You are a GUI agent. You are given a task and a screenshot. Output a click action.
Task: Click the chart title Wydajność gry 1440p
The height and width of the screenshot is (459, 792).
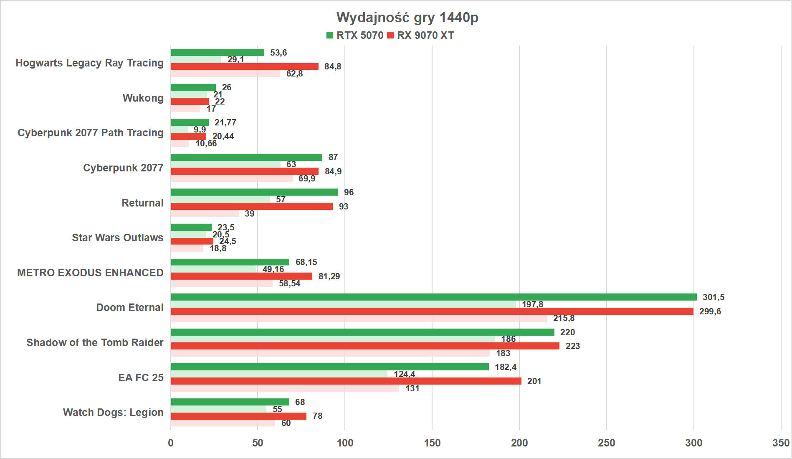point(407,18)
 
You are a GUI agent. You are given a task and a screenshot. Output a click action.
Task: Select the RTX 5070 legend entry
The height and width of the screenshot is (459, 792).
point(355,36)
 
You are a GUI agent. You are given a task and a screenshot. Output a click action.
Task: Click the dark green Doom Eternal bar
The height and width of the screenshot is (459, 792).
point(433,297)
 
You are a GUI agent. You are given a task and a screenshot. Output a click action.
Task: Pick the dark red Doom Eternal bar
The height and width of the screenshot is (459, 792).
point(432,311)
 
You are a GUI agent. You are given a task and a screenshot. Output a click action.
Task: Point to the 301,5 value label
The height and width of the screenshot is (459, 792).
point(714,297)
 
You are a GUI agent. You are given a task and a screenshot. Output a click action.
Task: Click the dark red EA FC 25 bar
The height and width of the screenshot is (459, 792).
point(346,381)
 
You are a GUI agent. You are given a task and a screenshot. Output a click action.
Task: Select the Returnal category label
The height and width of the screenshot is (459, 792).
point(142,203)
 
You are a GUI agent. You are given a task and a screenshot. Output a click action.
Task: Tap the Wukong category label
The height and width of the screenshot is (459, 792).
point(143,98)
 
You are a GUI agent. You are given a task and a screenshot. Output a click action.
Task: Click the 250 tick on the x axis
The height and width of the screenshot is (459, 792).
point(606,443)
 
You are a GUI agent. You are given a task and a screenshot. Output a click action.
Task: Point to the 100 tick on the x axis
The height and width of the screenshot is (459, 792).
point(345,443)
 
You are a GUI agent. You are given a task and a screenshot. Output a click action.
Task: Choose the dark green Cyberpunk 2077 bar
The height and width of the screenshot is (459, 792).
point(246,158)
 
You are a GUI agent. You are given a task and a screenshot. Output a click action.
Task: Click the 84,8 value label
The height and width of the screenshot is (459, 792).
point(333,66)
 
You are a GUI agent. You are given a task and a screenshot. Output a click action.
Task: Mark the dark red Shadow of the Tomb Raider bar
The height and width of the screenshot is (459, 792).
point(365,346)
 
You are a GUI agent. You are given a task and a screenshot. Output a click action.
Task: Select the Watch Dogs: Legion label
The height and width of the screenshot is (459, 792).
point(113,413)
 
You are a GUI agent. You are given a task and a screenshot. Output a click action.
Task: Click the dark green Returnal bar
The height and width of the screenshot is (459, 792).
point(254,192)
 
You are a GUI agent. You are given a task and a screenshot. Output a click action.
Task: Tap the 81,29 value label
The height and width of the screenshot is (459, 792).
point(329,276)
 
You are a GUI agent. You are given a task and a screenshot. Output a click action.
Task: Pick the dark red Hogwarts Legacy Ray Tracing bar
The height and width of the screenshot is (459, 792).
point(245,66)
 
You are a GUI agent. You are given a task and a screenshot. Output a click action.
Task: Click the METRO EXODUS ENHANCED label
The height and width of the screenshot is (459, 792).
point(90,273)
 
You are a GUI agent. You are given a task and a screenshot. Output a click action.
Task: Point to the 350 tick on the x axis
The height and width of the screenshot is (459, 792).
point(780,443)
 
